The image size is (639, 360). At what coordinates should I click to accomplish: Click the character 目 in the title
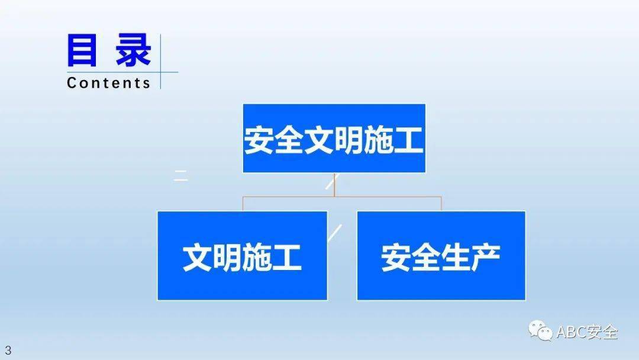(82, 50)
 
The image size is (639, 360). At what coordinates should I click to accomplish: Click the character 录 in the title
(133, 50)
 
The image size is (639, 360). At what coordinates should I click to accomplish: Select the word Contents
(108, 83)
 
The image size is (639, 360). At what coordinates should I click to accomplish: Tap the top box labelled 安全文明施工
(334, 138)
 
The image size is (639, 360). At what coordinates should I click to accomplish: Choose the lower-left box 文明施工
(242, 256)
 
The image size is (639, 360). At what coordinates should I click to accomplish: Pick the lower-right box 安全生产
(441, 256)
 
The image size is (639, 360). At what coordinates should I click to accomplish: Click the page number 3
(8, 350)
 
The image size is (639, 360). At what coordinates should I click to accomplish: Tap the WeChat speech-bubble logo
(540, 330)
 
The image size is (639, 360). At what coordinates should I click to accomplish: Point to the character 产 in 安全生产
(486, 258)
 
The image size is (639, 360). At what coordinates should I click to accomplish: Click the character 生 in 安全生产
(456, 258)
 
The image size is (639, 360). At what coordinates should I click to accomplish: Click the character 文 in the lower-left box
(198, 258)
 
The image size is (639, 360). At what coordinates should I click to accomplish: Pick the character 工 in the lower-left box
(287, 258)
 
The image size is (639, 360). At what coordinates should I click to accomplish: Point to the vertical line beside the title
(160, 62)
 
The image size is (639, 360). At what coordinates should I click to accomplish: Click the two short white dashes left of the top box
(181, 175)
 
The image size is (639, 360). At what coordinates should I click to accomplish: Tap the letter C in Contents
(72, 83)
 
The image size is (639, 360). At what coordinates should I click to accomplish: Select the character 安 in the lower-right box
(396, 258)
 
